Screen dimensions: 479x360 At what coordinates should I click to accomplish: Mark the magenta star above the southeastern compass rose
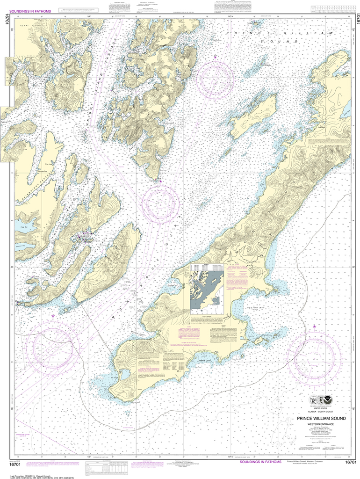point(314,326)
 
